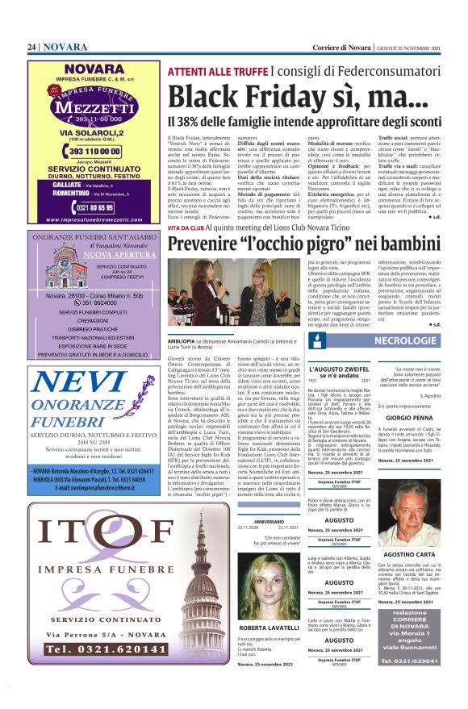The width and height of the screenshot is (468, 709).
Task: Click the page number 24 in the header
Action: tap(31, 48)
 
